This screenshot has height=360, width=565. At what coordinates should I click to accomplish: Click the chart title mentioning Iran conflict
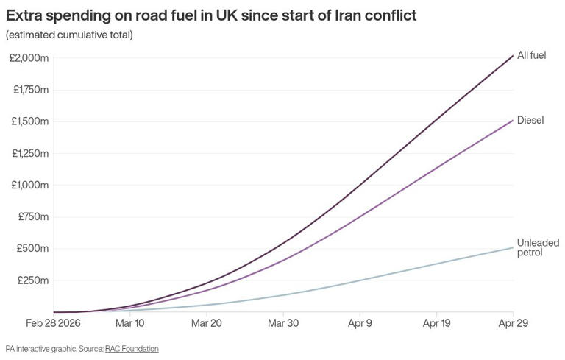[x=210, y=15]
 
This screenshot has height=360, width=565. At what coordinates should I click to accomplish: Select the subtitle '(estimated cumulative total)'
[x=69, y=35]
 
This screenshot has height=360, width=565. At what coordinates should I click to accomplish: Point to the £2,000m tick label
[x=29, y=58]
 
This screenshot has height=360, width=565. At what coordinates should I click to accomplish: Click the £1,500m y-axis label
[x=30, y=121]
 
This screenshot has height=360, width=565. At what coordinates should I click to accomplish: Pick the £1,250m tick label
[x=30, y=153]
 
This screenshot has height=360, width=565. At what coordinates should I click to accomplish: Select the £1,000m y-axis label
[x=30, y=185]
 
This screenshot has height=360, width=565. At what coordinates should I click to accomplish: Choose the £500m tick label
[x=33, y=249]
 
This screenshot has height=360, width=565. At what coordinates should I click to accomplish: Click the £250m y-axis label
[x=33, y=280]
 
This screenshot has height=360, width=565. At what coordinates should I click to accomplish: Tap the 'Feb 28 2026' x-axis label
[x=54, y=323]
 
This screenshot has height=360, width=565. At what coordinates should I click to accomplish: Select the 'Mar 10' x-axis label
[x=130, y=323]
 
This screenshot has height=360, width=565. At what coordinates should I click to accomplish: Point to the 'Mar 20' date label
[x=207, y=323]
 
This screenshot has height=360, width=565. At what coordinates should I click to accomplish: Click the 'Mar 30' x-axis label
[x=283, y=323]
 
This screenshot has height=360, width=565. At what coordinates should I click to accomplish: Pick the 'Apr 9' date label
[x=360, y=323]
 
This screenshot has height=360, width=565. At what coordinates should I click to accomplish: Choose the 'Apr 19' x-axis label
[x=437, y=323]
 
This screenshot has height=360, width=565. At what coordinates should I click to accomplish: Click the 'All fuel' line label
[x=531, y=55]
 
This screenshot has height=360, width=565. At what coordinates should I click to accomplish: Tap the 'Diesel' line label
[x=530, y=120]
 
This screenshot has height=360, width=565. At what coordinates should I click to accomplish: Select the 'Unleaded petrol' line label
[x=538, y=247]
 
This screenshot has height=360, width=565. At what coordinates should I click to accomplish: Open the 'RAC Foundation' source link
[x=132, y=348]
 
